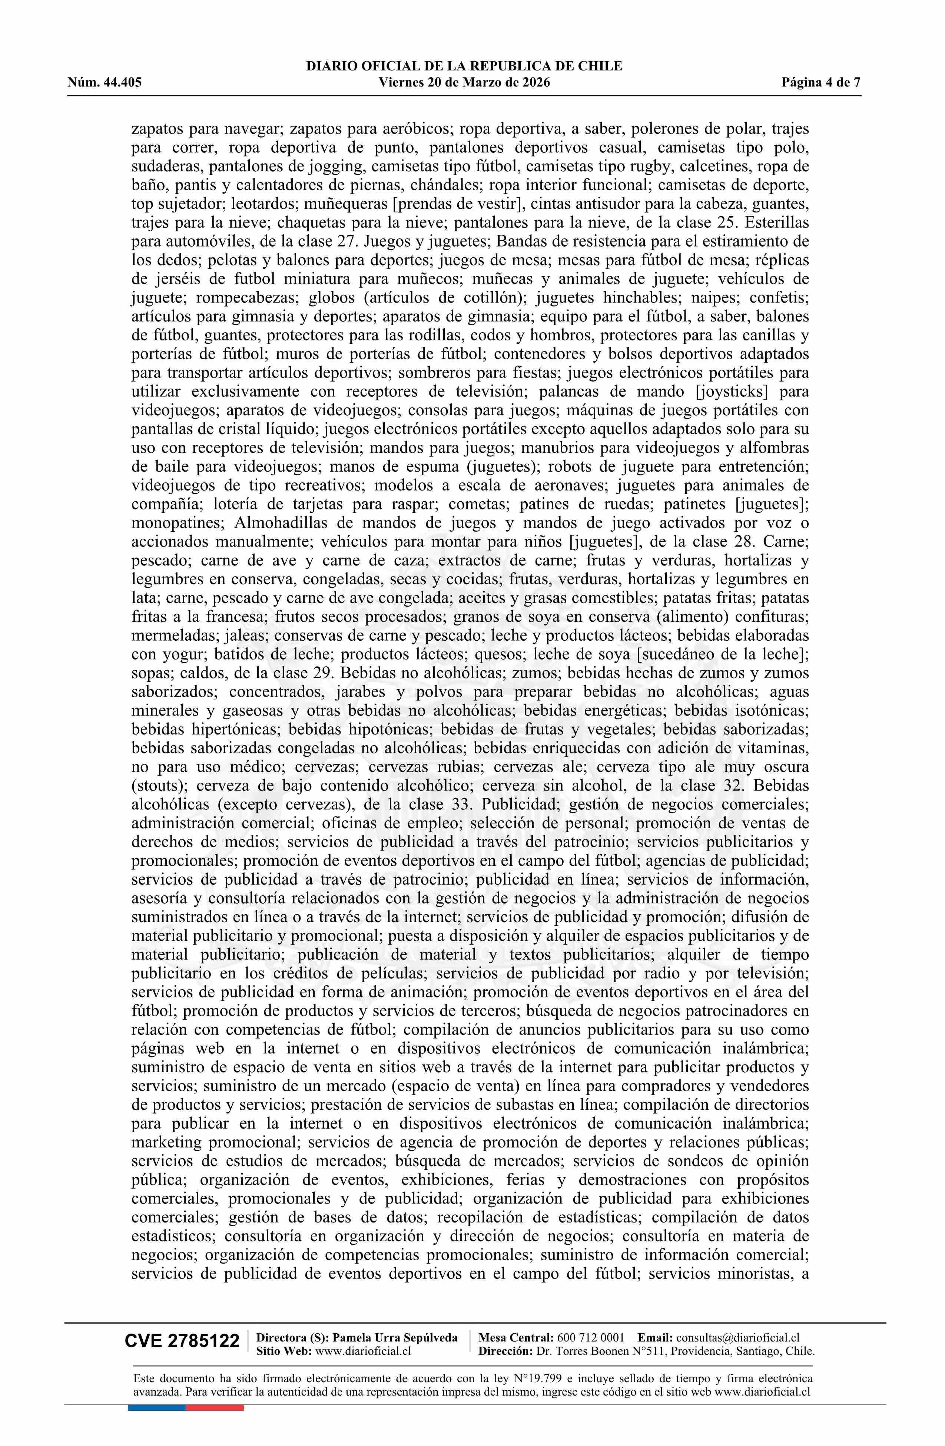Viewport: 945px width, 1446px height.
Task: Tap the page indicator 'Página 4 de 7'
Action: click(821, 83)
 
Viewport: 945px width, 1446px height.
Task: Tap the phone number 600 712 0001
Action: click(590, 1337)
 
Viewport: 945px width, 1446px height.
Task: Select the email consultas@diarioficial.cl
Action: click(737, 1337)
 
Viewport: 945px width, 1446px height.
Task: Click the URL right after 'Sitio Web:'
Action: click(364, 1351)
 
